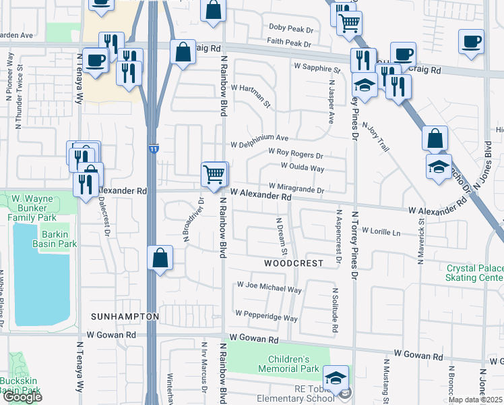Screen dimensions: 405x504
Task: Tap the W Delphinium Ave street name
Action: click(259, 144)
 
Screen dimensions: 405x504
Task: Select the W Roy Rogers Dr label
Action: click(296, 154)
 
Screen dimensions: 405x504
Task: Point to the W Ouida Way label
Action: click(303, 167)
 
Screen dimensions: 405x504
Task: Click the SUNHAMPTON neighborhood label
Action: click(125, 317)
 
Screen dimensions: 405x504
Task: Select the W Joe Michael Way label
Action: click(269, 290)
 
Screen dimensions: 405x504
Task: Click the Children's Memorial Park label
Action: click(293, 364)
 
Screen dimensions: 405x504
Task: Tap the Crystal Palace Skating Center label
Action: click(475, 273)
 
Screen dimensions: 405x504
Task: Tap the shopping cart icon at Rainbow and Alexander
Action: click(214, 174)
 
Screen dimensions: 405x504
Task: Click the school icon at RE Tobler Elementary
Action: click(336, 377)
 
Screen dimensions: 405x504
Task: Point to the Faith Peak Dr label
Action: click(288, 43)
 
